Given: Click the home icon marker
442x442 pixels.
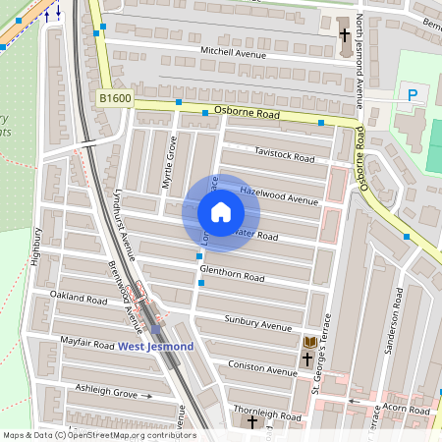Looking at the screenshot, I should coord(221,212).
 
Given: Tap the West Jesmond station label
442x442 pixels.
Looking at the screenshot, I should coord(155,346).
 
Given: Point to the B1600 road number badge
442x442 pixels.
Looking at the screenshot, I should coord(115,98).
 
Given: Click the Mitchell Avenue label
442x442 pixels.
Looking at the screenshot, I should coord(234,52).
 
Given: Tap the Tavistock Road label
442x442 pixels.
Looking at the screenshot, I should coord(284,156).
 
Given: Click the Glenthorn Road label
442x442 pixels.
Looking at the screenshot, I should coord(233,276).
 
